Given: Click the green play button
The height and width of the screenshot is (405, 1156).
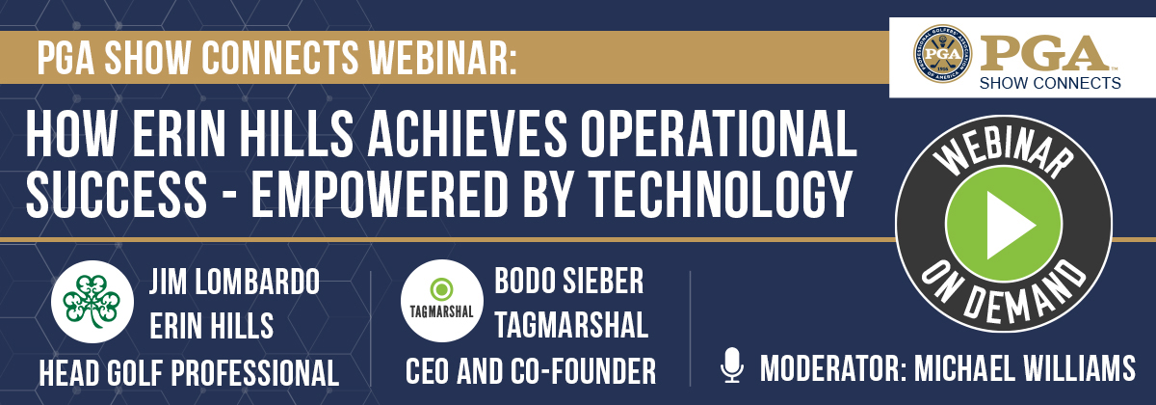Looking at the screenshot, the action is [1004, 225].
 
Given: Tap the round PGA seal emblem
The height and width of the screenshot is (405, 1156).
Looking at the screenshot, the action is [942, 54].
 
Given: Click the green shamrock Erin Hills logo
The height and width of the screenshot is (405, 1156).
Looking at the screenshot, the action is [92, 302].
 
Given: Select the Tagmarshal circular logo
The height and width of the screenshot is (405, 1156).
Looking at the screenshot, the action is [442, 301].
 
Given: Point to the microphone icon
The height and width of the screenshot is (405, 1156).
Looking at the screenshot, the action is [732, 364].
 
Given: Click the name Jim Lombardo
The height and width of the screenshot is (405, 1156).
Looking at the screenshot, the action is [234, 282].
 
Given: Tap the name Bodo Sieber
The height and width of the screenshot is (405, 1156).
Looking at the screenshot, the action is [568, 281].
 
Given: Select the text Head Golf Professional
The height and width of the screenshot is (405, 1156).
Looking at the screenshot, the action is [189, 372].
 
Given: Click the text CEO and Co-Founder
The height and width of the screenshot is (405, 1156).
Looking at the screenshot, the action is [531, 371].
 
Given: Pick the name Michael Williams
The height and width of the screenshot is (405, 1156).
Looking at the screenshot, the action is [1025, 368].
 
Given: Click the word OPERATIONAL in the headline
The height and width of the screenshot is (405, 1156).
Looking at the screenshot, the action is [719, 133].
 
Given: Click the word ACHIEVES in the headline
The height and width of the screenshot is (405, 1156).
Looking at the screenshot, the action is [467, 133].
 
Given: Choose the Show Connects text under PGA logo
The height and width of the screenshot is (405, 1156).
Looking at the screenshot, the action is [1050, 83].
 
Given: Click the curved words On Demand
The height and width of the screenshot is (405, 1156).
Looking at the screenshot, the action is [1004, 294].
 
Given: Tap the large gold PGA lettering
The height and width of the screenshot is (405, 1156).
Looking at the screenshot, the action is [1045, 54].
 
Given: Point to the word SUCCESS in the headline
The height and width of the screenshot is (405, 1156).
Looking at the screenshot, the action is [117, 193].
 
